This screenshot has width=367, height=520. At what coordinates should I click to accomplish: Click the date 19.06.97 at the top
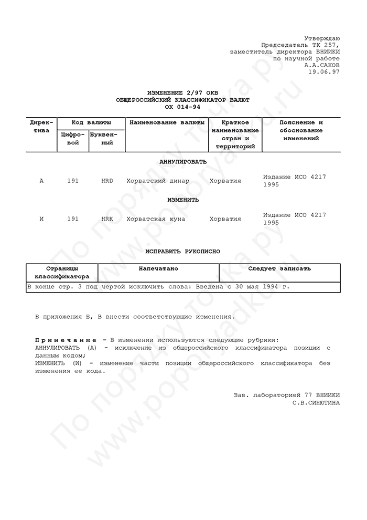pos(325,72)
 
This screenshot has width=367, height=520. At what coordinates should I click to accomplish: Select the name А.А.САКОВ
pos(322,65)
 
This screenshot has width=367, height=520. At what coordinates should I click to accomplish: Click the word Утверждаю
pos(322,39)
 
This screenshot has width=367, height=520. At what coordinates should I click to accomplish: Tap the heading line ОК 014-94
pos(183,107)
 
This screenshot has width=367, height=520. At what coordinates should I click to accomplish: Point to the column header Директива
pos(41,127)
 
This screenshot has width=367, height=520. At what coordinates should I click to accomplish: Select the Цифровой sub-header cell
pos(73,139)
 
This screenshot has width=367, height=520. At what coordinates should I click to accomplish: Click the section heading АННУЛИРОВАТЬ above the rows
pos(183,162)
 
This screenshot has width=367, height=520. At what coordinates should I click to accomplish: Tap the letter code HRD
pos(107,181)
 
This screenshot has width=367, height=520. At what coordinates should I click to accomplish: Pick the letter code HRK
pos(107,219)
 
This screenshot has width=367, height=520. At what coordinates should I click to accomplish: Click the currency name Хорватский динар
pos(158,181)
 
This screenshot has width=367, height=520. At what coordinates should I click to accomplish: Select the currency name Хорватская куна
pos(156,219)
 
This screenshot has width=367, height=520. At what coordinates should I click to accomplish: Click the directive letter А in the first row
pos(41,181)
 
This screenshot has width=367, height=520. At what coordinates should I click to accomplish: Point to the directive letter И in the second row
pos(41,219)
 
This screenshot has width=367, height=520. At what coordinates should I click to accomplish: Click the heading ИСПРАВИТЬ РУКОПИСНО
pos(183,252)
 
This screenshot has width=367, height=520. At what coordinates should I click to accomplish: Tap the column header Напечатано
pos(158,269)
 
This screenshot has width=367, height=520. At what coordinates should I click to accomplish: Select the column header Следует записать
pos(279,269)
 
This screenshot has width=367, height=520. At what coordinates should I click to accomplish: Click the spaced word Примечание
pos(66,340)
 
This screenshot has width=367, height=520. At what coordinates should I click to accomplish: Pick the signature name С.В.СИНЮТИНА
pos(316,403)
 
